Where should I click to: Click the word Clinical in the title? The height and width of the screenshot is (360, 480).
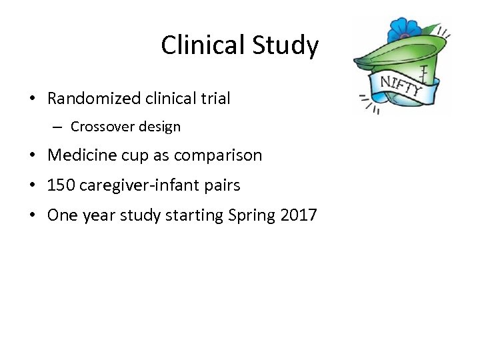(x=202, y=45)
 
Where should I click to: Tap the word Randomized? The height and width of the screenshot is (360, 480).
(x=93, y=99)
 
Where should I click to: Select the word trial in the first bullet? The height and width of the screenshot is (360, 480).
(x=214, y=99)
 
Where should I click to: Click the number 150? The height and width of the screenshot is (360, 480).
(x=61, y=185)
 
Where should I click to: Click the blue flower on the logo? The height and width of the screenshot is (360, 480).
(x=403, y=31)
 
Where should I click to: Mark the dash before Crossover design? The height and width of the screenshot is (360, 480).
(x=59, y=127)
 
